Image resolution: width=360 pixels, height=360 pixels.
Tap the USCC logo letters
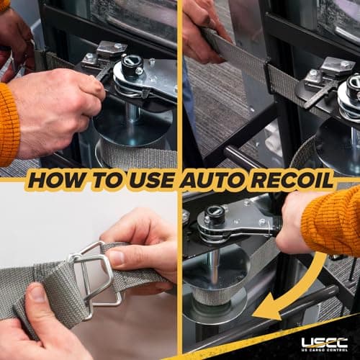pyautogui.click(x=325, y=343)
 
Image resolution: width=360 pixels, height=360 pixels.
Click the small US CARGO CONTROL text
pyautogui.click(x=325, y=350)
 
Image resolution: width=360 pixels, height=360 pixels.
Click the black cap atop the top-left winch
pyautogui.click(x=132, y=64)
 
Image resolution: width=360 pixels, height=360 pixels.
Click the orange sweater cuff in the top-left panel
pyautogui.click(x=9, y=125)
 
